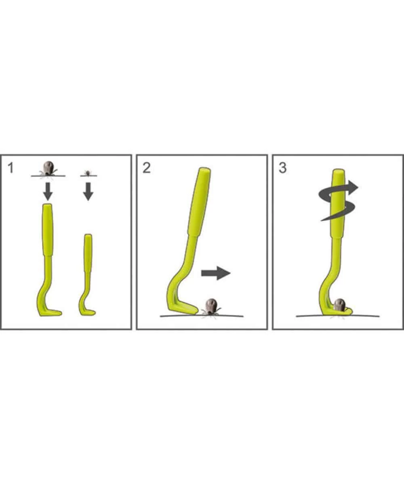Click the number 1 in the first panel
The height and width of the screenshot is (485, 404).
(11, 168)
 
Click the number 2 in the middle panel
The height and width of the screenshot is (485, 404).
(146, 168)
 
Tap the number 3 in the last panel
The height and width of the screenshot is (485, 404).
(282, 168)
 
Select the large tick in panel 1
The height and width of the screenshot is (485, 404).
(48, 169)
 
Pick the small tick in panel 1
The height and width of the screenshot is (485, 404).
(88, 173)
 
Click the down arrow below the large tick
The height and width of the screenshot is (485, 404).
(48, 192)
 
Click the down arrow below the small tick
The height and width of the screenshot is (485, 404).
(88, 192)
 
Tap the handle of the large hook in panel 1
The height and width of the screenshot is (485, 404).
(48, 230)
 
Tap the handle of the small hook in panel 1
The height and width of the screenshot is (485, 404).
(88, 253)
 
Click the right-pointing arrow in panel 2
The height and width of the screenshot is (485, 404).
(216, 273)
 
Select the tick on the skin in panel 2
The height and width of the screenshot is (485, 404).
(211, 307)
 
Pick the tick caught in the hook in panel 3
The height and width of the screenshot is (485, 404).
(340, 305)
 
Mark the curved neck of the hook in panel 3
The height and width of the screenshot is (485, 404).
(329, 283)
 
